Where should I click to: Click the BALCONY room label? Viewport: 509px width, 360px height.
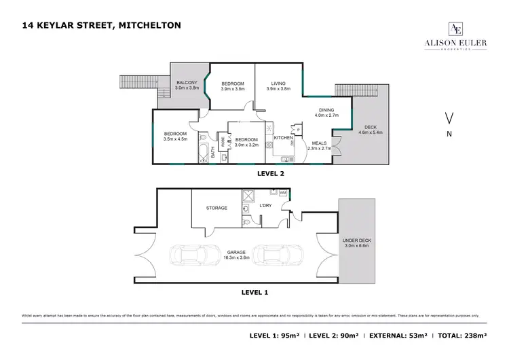[186, 86]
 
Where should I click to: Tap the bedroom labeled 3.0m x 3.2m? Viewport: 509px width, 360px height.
[248, 141]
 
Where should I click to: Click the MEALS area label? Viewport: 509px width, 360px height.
[319, 145]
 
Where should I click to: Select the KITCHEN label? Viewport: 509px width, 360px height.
[283, 138]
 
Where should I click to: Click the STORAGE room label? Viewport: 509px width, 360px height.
[216, 208]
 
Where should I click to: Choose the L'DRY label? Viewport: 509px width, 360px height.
[266, 204]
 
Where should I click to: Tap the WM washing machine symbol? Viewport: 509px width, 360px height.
[283, 194]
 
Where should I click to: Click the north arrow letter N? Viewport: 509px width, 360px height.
[449, 134]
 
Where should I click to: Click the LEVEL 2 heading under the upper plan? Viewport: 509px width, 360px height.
[271, 173]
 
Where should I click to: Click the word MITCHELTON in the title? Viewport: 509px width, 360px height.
[150, 26]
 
